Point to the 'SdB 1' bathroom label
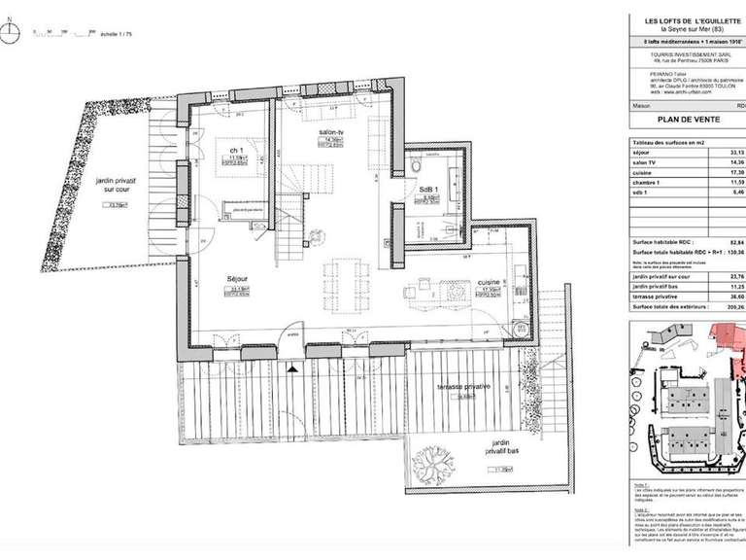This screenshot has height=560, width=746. (x=428, y=190)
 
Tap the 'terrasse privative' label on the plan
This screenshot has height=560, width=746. (x=463, y=386)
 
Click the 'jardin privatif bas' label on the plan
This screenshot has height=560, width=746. (x=500, y=453)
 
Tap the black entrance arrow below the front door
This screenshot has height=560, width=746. (x=293, y=367)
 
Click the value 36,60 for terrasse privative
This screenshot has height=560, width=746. (x=735, y=297)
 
